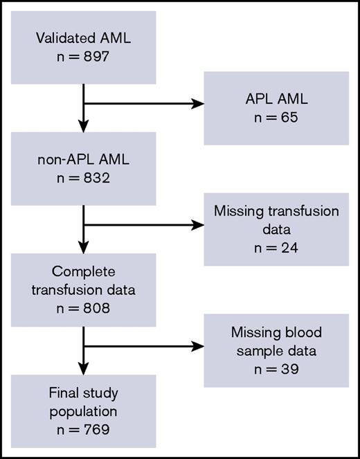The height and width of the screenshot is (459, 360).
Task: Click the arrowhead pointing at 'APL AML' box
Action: (199, 106)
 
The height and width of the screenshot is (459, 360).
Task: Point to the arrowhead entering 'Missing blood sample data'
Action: (199, 346)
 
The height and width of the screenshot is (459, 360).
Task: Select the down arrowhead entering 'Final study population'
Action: (84, 366)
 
